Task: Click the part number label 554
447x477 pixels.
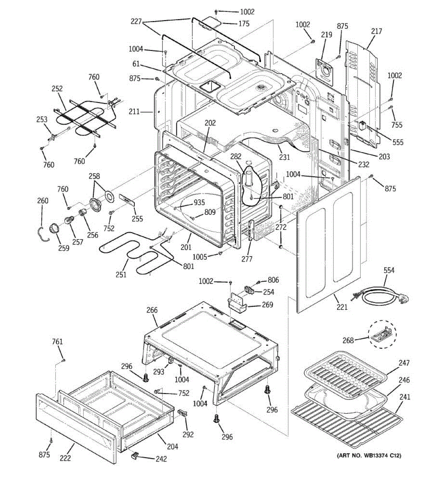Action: pyautogui.click(x=389, y=271)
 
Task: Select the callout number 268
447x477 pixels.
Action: pyautogui.click(x=348, y=340)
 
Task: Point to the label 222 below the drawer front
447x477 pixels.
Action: pyautogui.click(x=65, y=458)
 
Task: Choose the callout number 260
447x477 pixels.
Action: pyautogui.click(x=43, y=200)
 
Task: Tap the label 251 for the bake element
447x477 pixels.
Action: pyautogui.click(x=121, y=274)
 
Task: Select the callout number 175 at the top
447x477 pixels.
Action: pyautogui.click(x=244, y=23)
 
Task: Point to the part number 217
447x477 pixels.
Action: pyautogui.click(x=376, y=31)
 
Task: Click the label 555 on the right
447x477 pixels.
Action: pyautogui.click(x=398, y=142)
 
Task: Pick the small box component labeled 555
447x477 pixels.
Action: pyautogui.click(x=362, y=125)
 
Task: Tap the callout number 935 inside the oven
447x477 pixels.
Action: pyautogui.click(x=199, y=202)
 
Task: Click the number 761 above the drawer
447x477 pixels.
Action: pyautogui.click(x=57, y=341)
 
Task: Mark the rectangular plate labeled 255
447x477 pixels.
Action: pyautogui.click(x=127, y=199)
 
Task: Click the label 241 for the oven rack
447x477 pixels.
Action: pyautogui.click(x=405, y=397)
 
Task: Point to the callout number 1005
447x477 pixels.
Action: pyautogui.click(x=199, y=257)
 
